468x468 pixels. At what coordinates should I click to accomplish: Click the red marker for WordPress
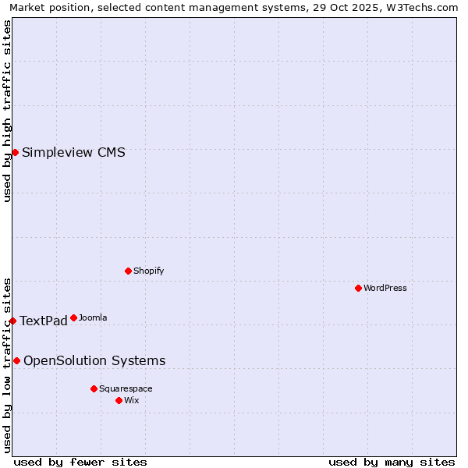(358, 288)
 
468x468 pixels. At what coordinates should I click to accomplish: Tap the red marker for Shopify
(128, 271)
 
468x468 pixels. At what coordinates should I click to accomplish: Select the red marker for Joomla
(73, 317)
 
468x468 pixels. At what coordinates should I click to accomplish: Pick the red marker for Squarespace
(94, 388)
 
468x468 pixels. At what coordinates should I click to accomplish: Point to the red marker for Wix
(119, 400)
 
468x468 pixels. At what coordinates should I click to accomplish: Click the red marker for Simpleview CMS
(15, 152)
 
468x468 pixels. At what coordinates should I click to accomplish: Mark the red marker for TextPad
(12, 321)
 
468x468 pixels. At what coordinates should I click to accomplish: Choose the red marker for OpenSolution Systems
(16, 360)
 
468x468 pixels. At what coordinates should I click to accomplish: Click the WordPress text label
(385, 288)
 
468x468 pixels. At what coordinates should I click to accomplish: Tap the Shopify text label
(148, 271)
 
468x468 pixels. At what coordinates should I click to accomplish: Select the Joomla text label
(93, 317)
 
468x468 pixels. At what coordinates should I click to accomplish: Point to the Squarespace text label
(126, 388)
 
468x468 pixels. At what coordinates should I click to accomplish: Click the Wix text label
(131, 400)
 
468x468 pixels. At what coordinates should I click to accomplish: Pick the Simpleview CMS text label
(73, 152)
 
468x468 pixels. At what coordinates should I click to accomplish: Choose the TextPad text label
(44, 321)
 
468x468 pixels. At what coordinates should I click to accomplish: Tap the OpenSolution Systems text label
(94, 360)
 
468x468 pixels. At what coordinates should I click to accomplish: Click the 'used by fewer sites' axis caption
(80, 462)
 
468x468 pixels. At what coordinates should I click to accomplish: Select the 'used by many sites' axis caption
(392, 462)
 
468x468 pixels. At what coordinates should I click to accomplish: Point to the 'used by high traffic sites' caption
(7, 111)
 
